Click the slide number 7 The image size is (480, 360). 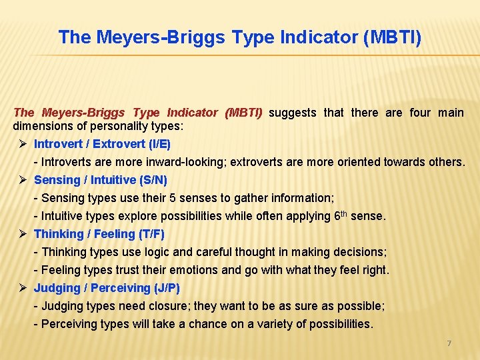[x=449, y=343]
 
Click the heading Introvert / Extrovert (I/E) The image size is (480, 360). [x=102, y=144]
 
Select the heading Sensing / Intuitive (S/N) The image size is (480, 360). [x=101, y=180]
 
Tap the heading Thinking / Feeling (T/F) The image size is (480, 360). [x=99, y=234]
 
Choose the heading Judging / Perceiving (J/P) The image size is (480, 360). [x=107, y=288]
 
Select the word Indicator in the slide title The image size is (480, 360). [x=315, y=37]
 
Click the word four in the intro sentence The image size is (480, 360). [x=420, y=113]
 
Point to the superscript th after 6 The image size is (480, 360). [x=345, y=213]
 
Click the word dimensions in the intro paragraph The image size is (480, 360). [x=42, y=125]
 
